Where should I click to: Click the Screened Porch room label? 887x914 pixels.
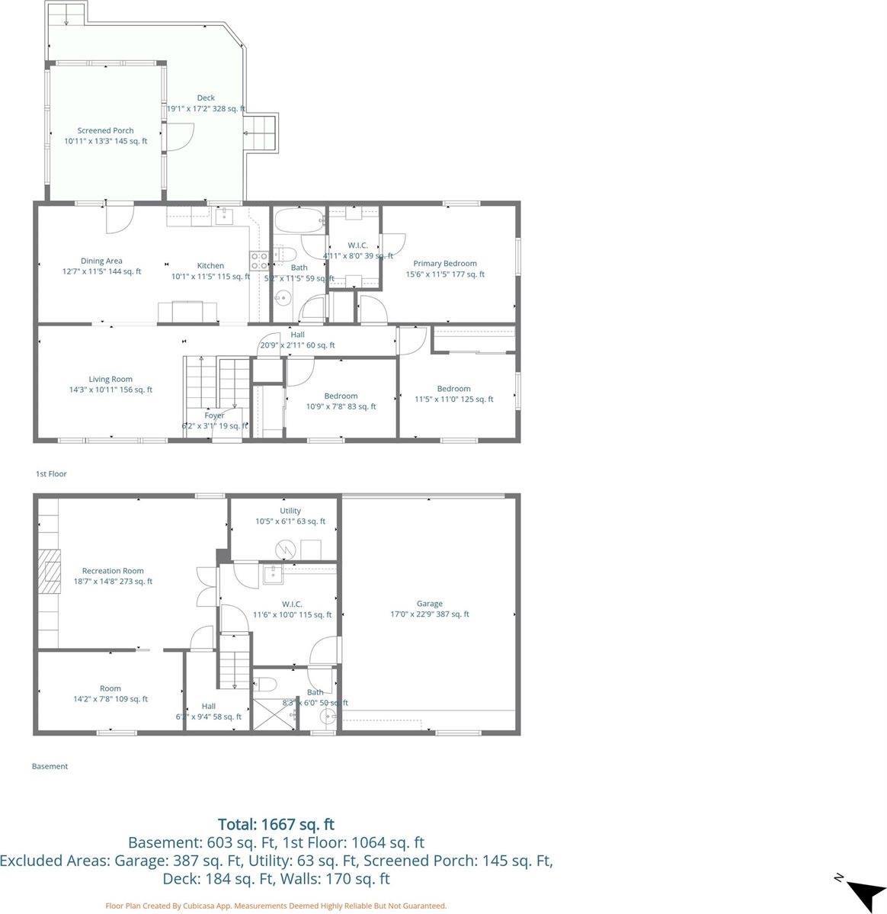pyautogui.click(x=105, y=131)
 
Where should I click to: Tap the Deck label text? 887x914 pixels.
pyautogui.click(x=206, y=98)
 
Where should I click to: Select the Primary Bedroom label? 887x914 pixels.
pyautogui.click(x=445, y=264)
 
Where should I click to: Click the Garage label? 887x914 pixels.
pyautogui.click(x=429, y=604)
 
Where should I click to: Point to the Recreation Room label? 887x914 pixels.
pyautogui.click(x=113, y=571)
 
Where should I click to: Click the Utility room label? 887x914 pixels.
pyautogui.click(x=290, y=511)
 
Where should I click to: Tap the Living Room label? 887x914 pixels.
pyautogui.click(x=110, y=380)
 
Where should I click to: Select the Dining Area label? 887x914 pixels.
pyautogui.click(x=101, y=261)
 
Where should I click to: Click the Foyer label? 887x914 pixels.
pyautogui.click(x=214, y=415)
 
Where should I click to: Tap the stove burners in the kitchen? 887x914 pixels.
pyautogui.click(x=259, y=261)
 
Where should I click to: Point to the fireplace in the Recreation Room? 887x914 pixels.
pyautogui.click(x=50, y=571)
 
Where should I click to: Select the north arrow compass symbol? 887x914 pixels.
pyautogui.click(x=864, y=891)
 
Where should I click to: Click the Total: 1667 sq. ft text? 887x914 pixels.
pyautogui.click(x=276, y=824)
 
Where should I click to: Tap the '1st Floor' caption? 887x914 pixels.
pyautogui.click(x=51, y=474)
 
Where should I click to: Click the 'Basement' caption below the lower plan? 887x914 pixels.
pyautogui.click(x=50, y=767)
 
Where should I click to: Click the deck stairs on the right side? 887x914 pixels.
pyautogui.click(x=261, y=134)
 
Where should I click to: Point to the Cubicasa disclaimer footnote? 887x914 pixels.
pyautogui.click(x=276, y=906)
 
